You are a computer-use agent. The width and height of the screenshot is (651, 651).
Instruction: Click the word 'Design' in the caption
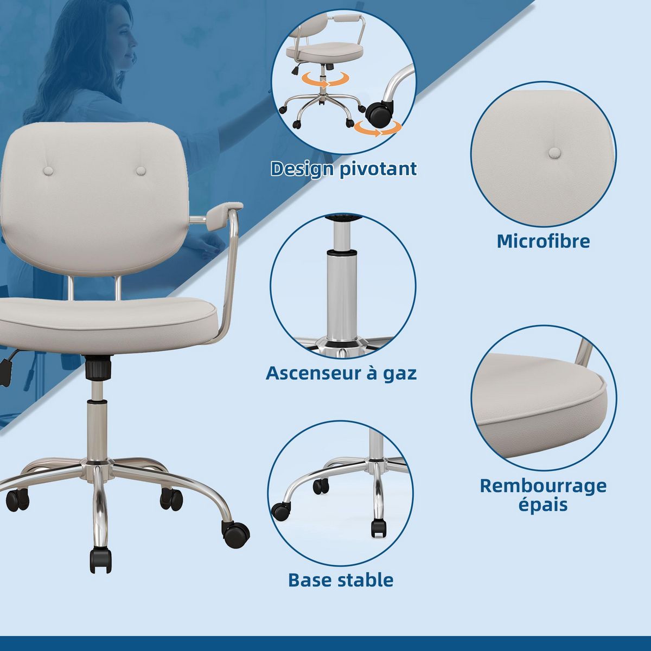[302, 169]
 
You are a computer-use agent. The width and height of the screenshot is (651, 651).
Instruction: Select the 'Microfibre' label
[543, 241]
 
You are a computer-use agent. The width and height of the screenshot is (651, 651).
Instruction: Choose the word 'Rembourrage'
[543, 485]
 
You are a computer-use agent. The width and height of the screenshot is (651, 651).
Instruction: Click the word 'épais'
[542, 505]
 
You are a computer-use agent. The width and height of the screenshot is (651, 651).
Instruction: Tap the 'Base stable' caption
[341, 580]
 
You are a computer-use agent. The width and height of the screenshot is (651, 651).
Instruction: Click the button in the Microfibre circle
[554, 152]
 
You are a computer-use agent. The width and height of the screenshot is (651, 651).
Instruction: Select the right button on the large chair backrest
[141, 171]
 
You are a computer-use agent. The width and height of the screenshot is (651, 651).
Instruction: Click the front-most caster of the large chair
[100, 559]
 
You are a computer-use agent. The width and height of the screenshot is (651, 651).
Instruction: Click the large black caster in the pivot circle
[378, 113]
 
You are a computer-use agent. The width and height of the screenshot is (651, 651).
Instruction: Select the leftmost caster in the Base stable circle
[280, 510]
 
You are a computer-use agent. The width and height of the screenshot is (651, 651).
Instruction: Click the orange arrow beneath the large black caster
[379, 129]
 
